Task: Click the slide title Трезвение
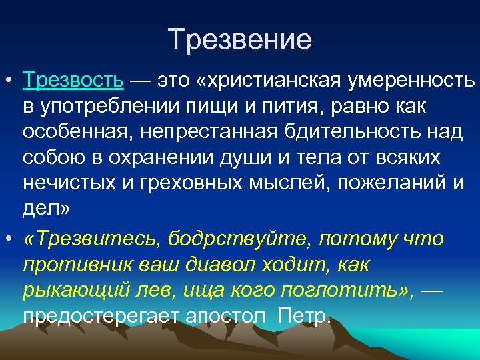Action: point(240,40)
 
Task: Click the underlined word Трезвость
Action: point(73,81)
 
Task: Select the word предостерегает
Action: point(98,315)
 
